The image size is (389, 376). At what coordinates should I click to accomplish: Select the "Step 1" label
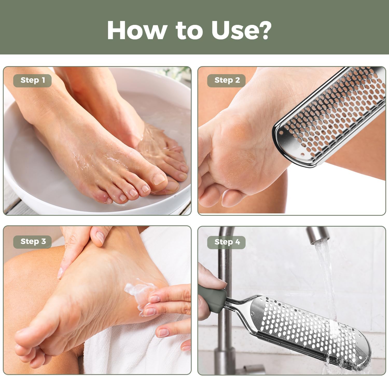point(32,80)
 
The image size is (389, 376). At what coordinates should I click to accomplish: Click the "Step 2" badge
point(226,80)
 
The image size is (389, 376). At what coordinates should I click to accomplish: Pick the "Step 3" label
point(32,242)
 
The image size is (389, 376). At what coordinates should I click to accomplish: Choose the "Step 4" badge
point(226,242)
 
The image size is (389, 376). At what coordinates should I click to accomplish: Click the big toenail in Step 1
point(158,179)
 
